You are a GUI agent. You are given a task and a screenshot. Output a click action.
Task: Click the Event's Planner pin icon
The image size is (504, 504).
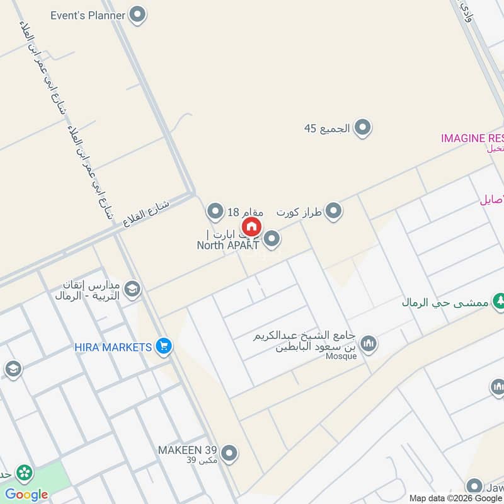137,14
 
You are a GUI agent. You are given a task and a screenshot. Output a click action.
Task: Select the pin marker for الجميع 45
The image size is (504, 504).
362,129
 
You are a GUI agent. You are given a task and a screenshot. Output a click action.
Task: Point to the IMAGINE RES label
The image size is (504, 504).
472,138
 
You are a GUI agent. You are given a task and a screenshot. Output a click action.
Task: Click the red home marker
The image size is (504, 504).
251,227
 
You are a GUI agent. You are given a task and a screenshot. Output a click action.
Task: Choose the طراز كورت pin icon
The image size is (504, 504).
333,211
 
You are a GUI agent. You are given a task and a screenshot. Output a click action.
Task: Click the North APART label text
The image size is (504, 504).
227,245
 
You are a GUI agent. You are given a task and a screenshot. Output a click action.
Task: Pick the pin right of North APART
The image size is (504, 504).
272,239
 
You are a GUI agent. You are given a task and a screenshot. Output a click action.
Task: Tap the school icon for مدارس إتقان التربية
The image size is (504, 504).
132,289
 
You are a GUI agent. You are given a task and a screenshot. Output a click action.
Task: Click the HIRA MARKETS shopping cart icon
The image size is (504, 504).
164,346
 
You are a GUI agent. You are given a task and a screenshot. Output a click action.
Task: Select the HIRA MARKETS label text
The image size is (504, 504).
113,347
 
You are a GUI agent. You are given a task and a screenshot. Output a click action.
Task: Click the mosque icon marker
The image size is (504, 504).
369,343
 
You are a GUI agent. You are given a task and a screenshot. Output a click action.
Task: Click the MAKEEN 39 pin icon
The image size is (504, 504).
229,452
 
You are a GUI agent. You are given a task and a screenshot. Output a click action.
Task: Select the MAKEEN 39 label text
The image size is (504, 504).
188,450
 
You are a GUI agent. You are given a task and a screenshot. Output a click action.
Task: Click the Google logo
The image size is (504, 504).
26,495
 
